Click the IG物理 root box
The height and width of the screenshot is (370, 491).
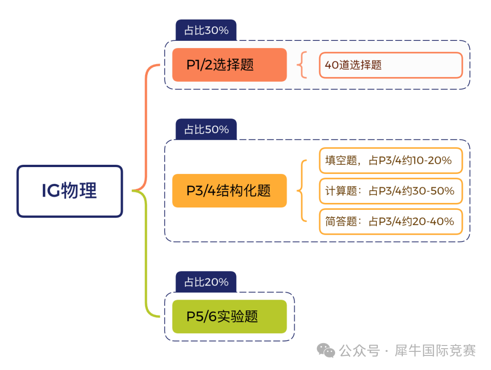70,191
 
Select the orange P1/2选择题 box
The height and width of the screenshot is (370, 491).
230,65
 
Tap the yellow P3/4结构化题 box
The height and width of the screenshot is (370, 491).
230,191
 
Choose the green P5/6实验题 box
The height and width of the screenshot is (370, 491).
230,316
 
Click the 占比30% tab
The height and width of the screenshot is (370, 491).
206,30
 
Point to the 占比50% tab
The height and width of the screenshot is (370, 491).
206,129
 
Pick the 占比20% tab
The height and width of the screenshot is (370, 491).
206,282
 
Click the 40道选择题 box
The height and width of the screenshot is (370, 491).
391,65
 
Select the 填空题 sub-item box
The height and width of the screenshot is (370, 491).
391,160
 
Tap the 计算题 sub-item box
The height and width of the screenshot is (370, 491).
391,191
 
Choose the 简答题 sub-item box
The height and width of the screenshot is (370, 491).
391,221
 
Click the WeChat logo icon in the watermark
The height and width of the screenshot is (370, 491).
326,350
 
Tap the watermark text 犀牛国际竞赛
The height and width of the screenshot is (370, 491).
435,351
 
